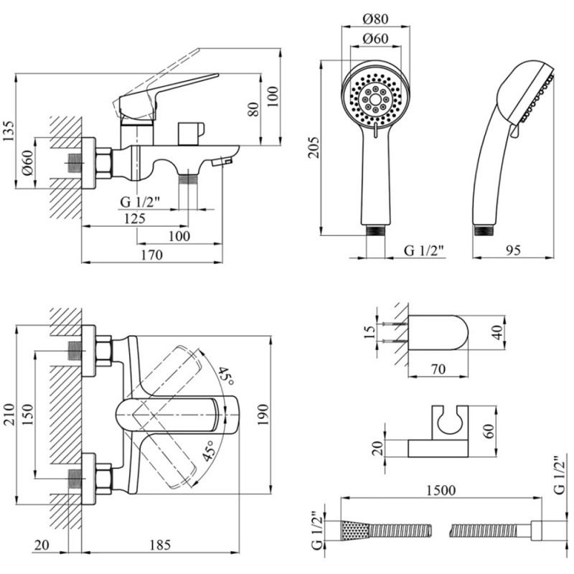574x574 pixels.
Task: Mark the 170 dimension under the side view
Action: pos(151,254)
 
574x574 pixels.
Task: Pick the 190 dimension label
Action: pos(263,415)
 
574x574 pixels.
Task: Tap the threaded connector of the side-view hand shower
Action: pos(483,230)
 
